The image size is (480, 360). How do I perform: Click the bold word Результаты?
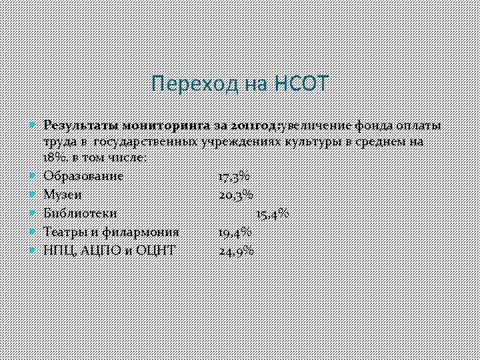[81, 126]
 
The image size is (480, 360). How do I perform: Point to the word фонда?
[373, 126]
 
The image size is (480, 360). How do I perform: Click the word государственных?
[144, 142]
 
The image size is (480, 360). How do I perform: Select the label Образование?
[83, 176]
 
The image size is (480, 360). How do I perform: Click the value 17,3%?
[234, 176]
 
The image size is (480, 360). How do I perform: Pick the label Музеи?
[63, 195]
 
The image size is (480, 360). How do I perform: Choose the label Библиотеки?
[80, 213]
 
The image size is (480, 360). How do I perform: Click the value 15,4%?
[273, 213]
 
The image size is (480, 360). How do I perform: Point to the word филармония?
[143, 232]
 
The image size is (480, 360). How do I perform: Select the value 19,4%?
[235, 232]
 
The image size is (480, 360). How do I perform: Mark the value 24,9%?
[236, 251]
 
